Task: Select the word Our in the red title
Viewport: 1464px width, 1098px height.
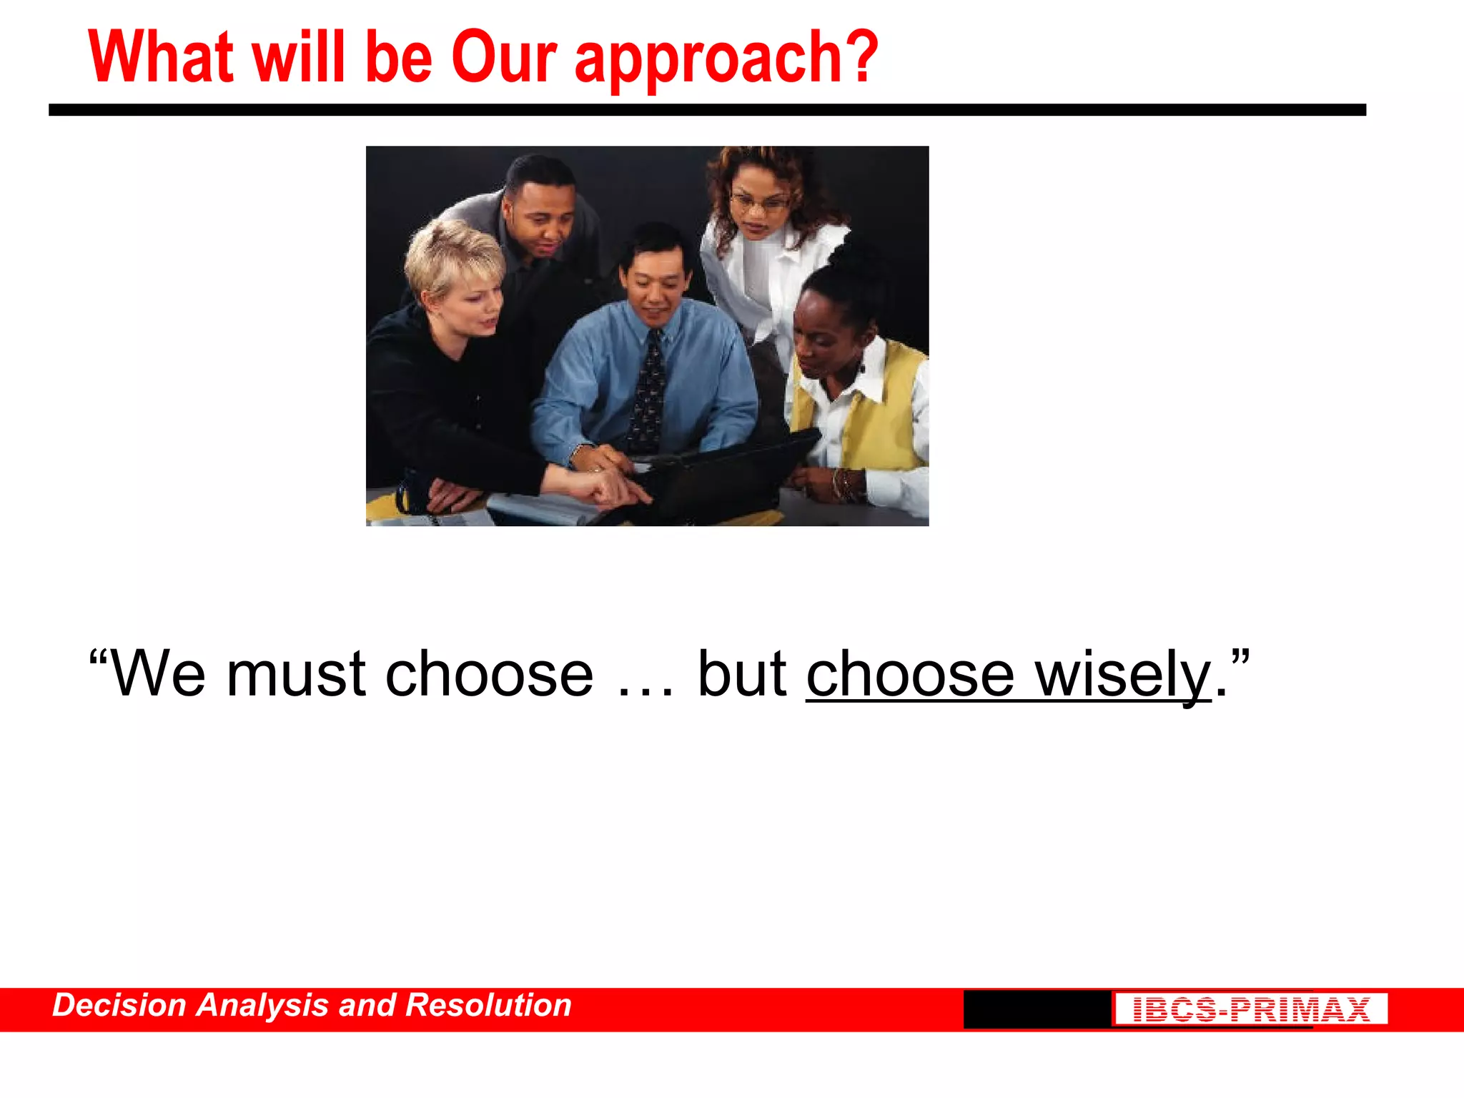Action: [x=504, y=57]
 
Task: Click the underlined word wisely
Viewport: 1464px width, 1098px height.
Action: [x=1122, y=676]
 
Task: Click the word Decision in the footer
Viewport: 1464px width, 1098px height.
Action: [x=119, y=1006]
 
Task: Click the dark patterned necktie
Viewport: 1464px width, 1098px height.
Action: [x=648, y=393]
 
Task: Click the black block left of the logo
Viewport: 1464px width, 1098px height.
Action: [x=1037, y=1009]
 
